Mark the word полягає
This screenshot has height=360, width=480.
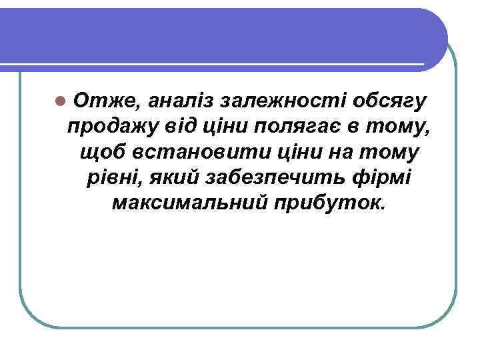304,127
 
